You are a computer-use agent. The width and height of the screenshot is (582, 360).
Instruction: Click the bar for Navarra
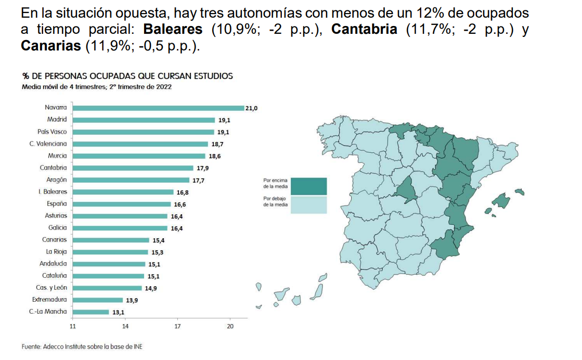(x=158, y=108)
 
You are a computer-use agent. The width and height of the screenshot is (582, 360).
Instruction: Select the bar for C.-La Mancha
(x=90, y=312)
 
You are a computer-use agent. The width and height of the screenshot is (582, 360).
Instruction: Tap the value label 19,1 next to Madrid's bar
(x=224, y=120)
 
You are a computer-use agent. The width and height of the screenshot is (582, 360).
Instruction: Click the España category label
(x=57, y=204)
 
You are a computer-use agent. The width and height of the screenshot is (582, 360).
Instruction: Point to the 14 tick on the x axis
(x=125, y=327)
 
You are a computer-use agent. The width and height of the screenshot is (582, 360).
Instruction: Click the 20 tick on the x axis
(x=230, y=327)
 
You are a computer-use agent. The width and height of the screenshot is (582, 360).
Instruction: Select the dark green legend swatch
(x=309, y=186)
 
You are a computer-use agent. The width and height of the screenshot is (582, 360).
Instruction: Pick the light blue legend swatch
(x=309, y=204)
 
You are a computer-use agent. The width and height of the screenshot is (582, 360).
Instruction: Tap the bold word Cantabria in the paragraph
(x=364, y=29)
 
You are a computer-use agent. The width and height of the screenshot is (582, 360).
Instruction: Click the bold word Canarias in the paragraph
(x=50, y=46)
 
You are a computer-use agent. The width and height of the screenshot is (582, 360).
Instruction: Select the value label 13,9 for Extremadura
(x=132, y=300)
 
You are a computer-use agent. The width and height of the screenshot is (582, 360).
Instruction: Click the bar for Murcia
(x=139, y=156)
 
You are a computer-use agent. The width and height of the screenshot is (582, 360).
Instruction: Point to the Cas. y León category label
(x=51, y=288)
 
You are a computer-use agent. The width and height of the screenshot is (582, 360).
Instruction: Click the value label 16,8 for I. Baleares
(x=182, y=192)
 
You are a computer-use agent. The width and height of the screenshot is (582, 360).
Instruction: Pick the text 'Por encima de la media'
(x=276, y=183)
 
